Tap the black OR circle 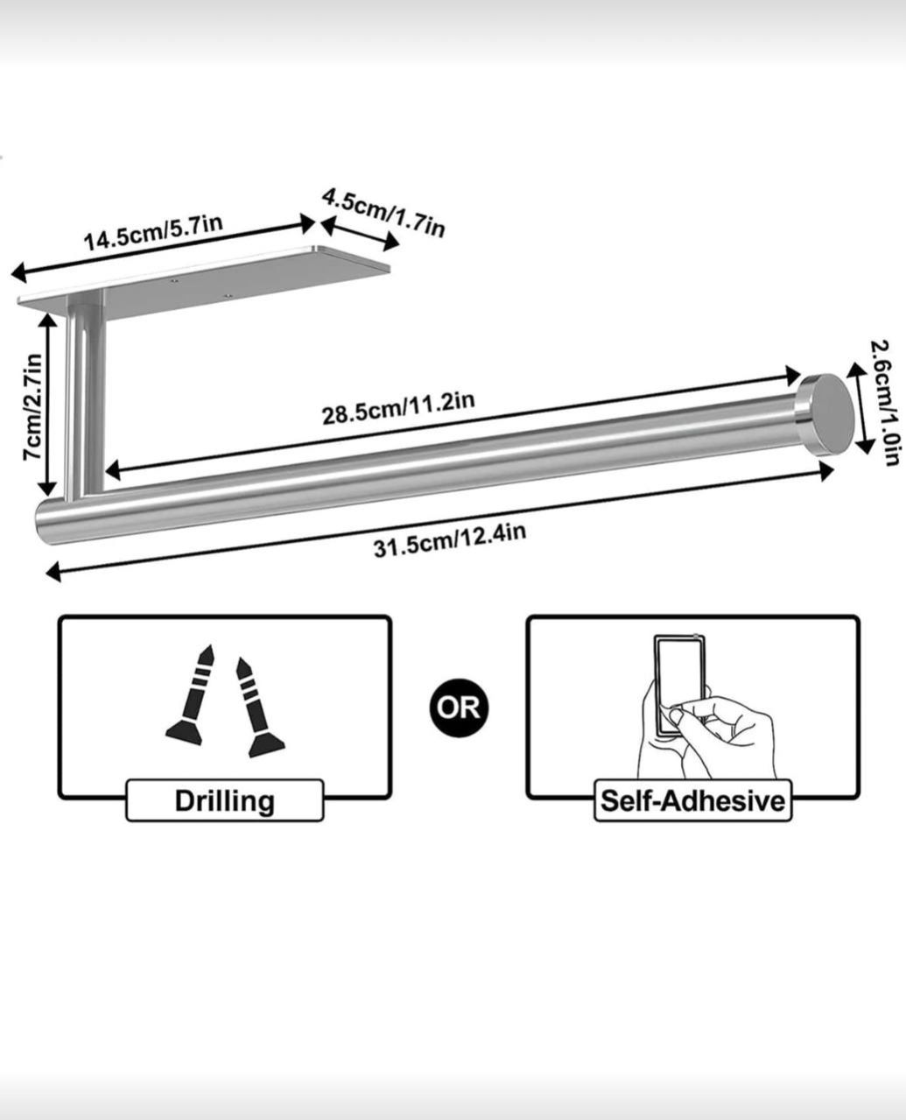pyautogui.click(x=459, y=706)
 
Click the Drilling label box pyautogui.click(x=225, y=800)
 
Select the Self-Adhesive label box pyautogui.click(x=692, y=801)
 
